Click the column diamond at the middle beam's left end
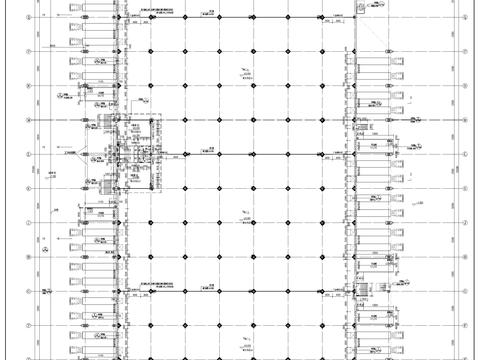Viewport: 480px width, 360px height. (150, 154)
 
